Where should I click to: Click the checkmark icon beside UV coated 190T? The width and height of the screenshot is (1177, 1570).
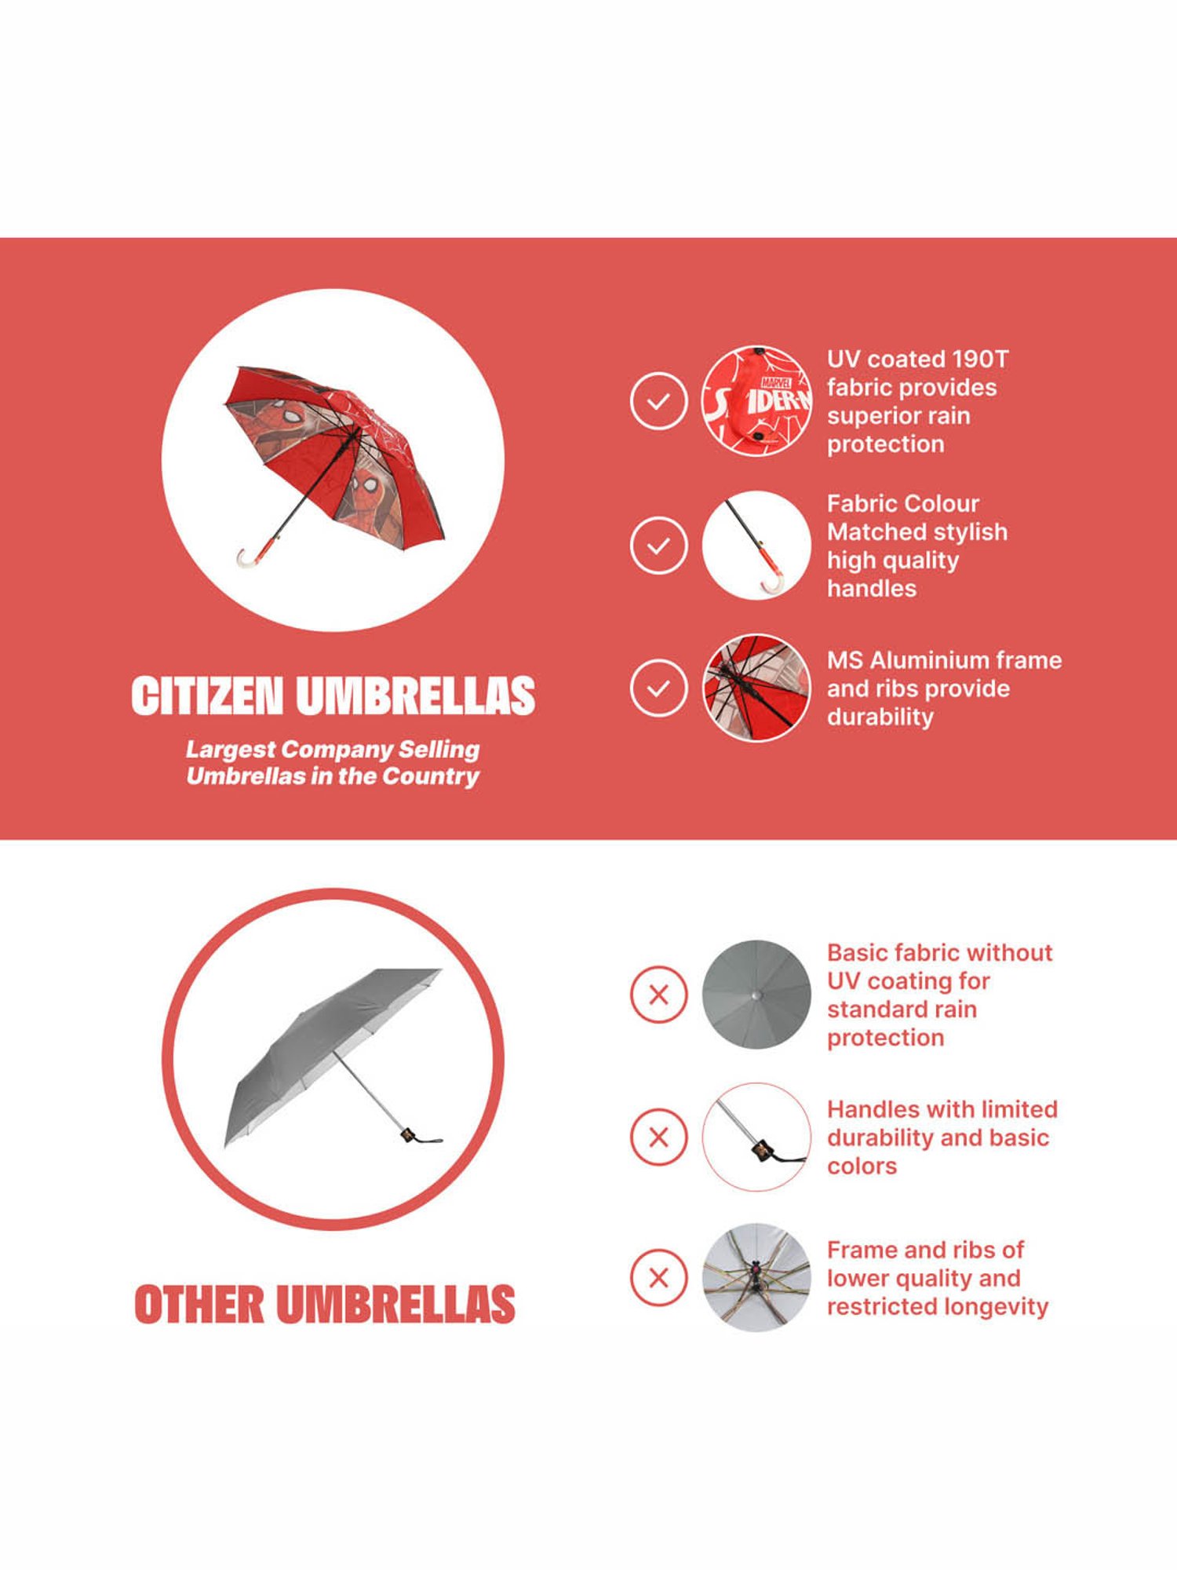tap(658, 401)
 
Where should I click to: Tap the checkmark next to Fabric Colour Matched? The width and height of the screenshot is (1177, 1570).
tap(658, 546)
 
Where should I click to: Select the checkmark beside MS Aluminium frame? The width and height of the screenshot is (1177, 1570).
tap(658, 688)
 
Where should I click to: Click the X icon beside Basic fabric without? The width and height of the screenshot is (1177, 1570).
tap(658, 995)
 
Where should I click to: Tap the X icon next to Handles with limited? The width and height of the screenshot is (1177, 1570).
tap(658, 1137)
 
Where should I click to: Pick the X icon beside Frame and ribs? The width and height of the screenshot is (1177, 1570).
tap(658, 1278)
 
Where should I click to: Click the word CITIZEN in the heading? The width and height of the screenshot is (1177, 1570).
tap(206, 696)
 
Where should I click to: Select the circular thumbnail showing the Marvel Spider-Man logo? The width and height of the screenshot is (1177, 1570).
tap(756, 401)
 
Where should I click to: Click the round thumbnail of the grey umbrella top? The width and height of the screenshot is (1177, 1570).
tap(756, 995)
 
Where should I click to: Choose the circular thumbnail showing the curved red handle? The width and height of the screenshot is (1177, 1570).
tap(756, 546)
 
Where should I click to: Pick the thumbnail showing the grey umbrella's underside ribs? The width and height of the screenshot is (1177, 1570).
tap(756, 1278)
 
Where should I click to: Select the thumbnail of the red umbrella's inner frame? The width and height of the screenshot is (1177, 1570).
tap(756, 688)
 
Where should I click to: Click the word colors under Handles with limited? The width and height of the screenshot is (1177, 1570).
tap(862, 1167)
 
